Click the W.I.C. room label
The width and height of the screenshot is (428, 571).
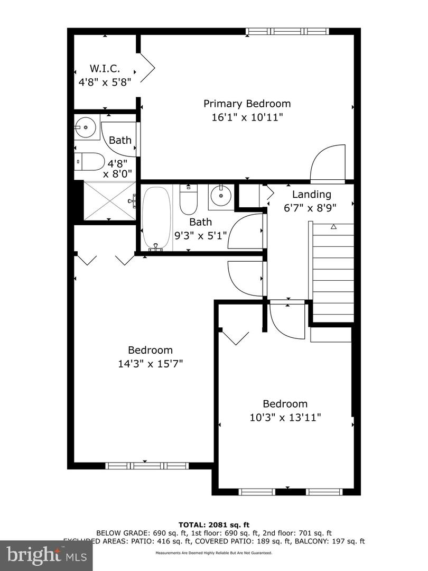[105, 68]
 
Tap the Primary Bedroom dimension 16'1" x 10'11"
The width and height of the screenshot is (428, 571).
[247, 117]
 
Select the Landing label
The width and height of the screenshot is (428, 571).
[311, 194]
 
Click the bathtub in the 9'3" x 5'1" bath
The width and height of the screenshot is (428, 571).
[156, 218]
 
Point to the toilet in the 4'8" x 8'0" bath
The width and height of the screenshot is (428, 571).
[90, 161]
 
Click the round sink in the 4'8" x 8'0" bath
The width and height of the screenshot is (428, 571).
[85, 127]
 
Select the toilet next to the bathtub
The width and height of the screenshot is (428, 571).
[188, 199]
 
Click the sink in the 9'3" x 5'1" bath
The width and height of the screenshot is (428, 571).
[219, 197]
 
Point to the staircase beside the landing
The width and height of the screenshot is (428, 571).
[333, 272]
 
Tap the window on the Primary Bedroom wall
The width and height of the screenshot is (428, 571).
[287, 31]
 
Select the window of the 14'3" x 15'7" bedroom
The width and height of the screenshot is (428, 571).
[146, 466]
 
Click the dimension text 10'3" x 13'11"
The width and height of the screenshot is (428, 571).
[285, 417]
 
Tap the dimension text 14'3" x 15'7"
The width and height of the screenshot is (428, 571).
[151, 364]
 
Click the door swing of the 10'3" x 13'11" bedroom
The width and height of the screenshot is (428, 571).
[287, 320]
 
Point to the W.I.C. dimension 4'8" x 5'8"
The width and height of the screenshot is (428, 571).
[105, 81]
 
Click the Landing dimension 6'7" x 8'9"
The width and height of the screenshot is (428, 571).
[311, 207]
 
